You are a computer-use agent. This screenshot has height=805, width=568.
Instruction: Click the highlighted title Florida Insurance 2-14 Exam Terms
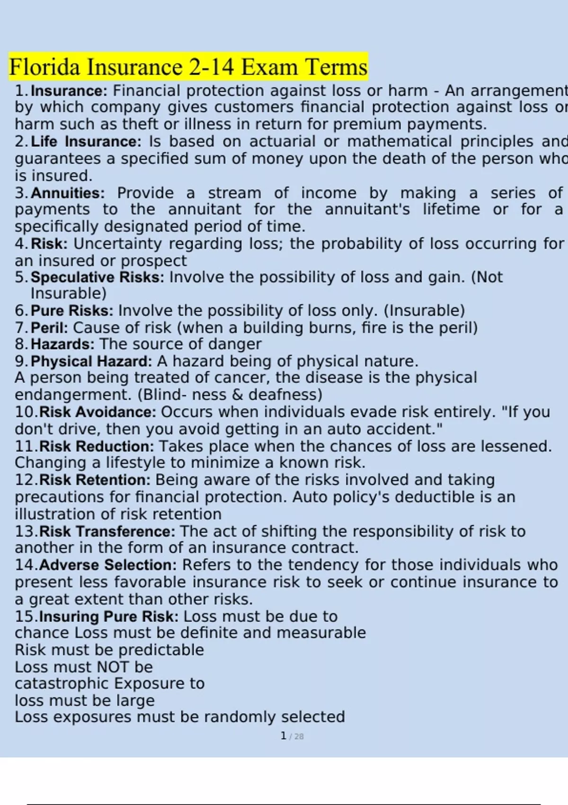click(x=188, y=67)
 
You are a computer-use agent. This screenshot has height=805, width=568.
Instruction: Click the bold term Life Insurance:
click(x=86, y=142)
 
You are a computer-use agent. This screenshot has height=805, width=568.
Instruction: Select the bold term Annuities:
click(x=68, y=193)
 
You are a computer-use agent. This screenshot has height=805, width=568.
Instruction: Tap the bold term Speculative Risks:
click(x=98, y=277)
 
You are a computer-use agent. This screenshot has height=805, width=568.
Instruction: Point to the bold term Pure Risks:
click(x=72, y=311)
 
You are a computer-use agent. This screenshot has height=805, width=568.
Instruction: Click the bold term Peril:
click(x=49, y=328)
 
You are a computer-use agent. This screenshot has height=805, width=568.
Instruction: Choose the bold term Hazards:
click(x=62, y=344)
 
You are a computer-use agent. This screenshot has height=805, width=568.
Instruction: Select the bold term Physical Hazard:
click(x=91, y=361)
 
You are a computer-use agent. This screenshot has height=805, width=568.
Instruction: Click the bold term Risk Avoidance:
click(x=98, y=412)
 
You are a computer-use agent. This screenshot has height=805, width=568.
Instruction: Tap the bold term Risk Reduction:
click(x=97, y=446)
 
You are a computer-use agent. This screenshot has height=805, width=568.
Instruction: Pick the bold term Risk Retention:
click(x=95, y=480)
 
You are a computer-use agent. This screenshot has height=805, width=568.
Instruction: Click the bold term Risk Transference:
click(x=107, y=531)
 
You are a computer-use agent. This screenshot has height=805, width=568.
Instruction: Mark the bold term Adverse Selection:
click(x=108, y=565)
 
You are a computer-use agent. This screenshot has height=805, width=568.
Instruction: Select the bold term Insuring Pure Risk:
click(x=109, y=617)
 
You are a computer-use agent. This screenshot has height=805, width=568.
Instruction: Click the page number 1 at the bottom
click(x=284, y=736)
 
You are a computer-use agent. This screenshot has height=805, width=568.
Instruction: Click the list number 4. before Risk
click(x=22, y=244)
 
